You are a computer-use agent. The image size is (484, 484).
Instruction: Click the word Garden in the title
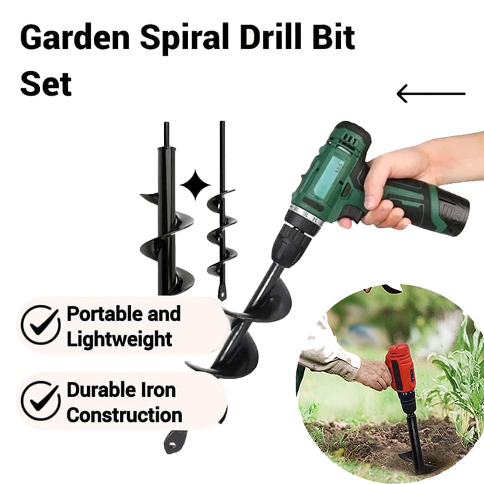(x=74, y=38)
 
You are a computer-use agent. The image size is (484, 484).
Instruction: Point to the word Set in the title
(x=46, y=83)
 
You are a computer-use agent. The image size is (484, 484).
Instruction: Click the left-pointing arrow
(x=431, y=94)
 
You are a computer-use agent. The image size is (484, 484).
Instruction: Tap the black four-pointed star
(x=195, y=185)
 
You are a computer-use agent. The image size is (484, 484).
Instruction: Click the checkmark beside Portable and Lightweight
(x=41, y=325)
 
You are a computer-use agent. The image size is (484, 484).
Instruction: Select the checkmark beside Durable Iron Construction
(x=41, y=401)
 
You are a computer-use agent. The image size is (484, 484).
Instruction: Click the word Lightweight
(x=119, y=339)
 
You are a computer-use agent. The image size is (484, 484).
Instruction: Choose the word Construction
(x=125, y=415)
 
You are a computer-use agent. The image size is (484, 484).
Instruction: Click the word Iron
(x=158, y=390)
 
